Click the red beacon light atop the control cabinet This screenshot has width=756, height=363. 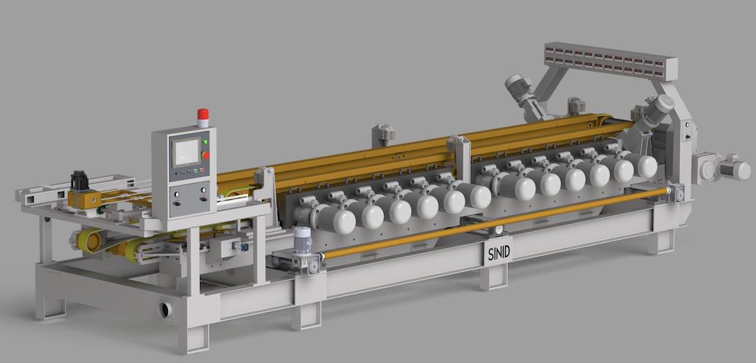203,117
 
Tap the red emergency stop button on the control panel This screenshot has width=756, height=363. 205,155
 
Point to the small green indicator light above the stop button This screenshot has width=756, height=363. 205,142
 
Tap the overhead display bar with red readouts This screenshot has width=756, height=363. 610,60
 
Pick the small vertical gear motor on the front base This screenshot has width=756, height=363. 302,248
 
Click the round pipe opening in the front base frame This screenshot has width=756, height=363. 166,309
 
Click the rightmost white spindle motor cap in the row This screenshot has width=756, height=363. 645,165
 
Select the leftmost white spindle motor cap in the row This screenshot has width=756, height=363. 342,219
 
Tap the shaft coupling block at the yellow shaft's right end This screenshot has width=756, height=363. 676,192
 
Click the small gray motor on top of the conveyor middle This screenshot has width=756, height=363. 383,134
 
